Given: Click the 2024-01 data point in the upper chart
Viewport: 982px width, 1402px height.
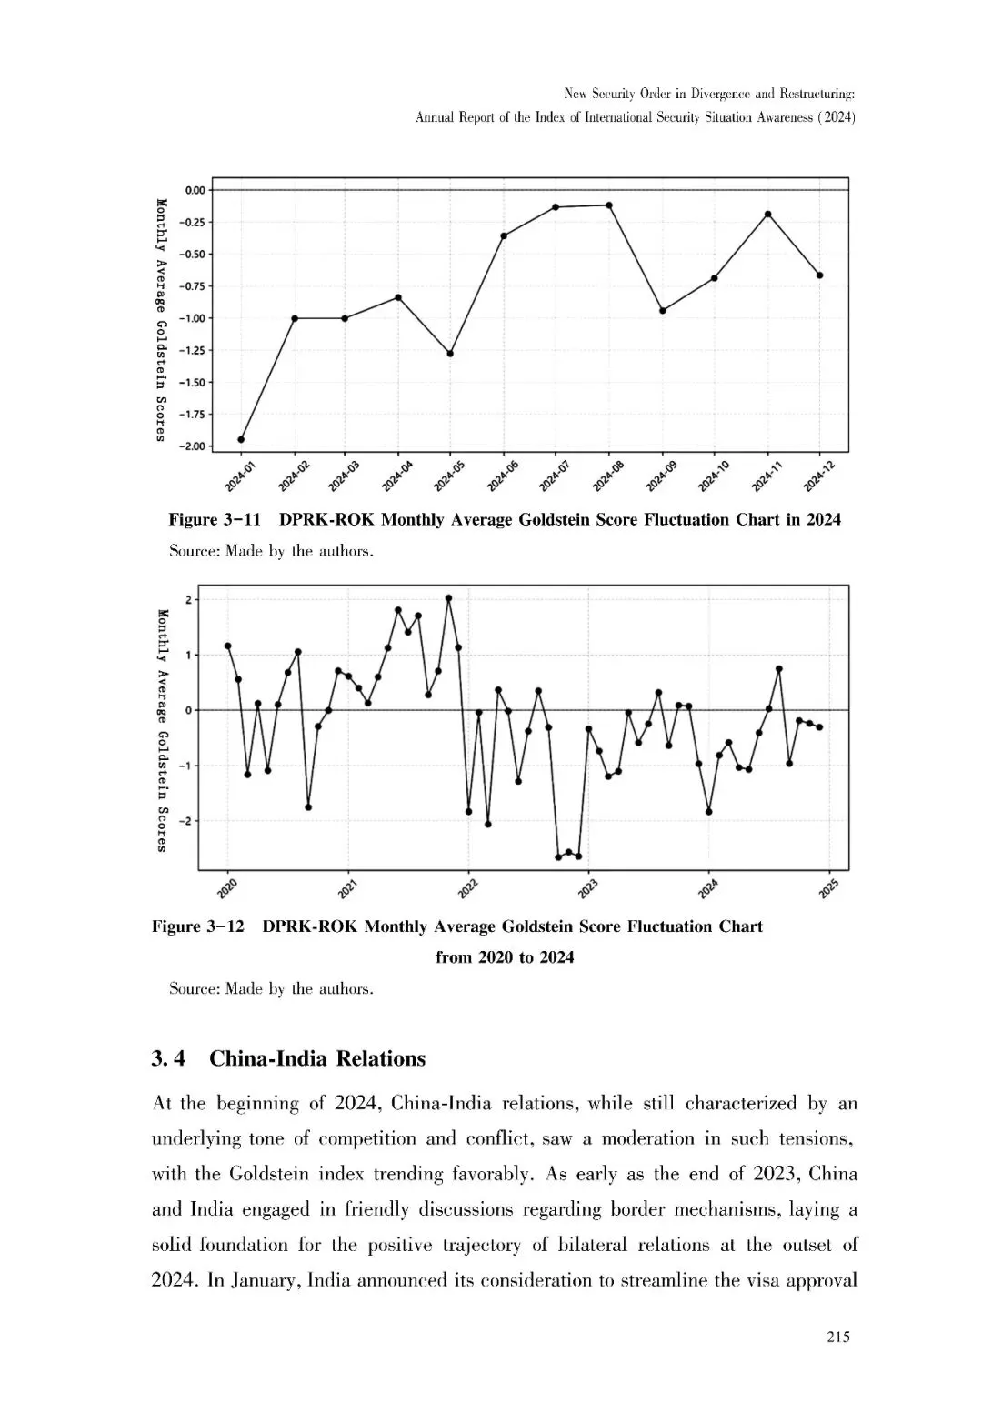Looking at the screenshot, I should [x=241, y=439].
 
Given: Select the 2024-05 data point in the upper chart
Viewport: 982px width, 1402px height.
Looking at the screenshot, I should [x=450, y=353].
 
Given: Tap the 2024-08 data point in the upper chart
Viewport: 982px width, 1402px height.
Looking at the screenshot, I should [x=609, y=205].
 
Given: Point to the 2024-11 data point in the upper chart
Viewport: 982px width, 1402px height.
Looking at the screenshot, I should [x=768, y=215].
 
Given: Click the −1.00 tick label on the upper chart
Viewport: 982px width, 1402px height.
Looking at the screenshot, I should [x=194, y=318].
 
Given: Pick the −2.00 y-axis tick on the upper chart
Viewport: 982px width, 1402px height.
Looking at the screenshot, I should [x=194, y=446].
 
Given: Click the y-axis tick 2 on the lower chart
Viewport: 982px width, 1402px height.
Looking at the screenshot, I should [x=187, y=600].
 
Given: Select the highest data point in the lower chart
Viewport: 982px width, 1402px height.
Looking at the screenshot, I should [x=448, y=598].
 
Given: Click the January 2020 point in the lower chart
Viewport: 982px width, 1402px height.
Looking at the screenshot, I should [x=227, y=646].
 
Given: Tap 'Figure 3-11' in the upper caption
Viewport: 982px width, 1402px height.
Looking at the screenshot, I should [x=215, y=520].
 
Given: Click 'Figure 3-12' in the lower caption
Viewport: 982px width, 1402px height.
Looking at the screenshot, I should [x=198, y=926].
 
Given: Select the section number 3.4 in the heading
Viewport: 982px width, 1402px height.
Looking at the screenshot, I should [x=169, y=1058].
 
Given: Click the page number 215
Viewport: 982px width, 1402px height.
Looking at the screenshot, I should [x=838, y=1337].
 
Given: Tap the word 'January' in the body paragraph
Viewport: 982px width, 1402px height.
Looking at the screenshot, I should [x=265, y=1280].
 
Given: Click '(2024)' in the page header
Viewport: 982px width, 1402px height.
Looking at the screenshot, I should [x=836, y=117].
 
